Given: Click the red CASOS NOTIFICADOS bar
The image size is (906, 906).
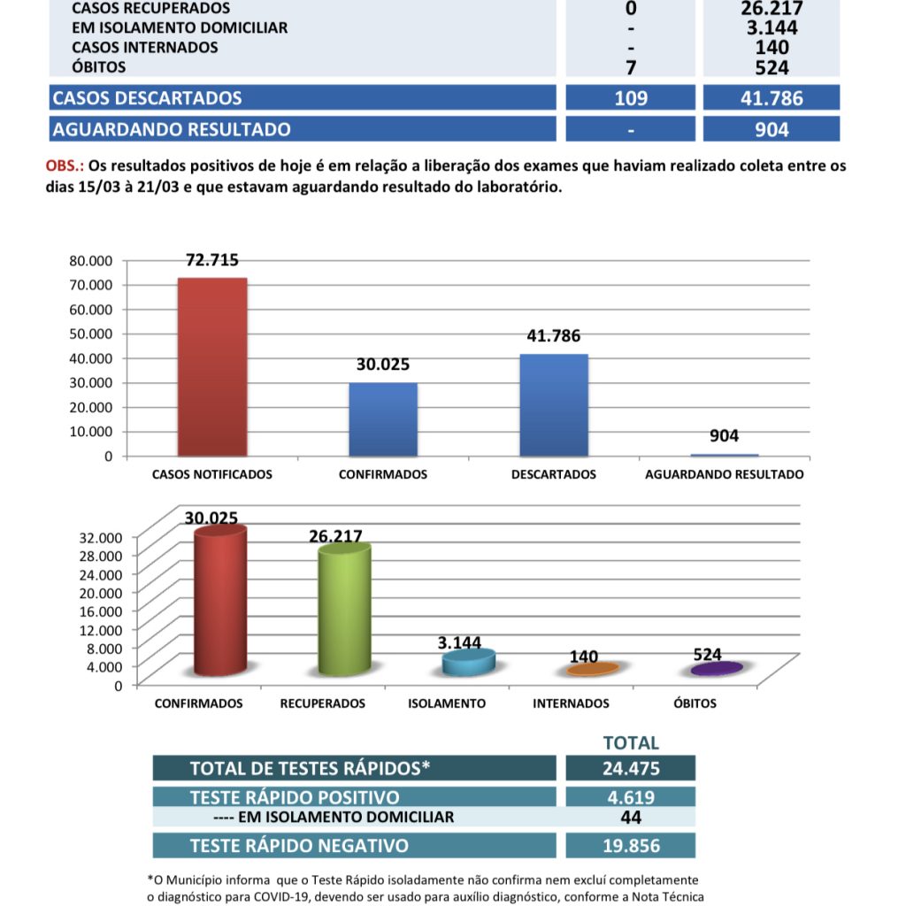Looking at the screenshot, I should coord(212,367).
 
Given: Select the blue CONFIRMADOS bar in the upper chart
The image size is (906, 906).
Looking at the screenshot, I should coord(383,419).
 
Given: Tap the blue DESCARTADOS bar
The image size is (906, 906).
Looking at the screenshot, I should coord(554,405).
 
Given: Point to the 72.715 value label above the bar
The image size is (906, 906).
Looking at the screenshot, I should coord(212,260).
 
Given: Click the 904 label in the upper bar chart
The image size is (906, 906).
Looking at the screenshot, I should coord(724,436).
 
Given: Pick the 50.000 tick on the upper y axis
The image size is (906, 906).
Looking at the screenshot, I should coord(92,333).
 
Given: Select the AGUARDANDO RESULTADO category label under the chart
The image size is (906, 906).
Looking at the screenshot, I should coord(724,474).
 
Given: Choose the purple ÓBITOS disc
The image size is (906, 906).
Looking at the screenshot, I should coord(717,669).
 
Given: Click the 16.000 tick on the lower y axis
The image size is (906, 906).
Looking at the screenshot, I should coord(104,610).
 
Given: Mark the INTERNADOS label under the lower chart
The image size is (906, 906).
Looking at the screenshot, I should coord(572,703).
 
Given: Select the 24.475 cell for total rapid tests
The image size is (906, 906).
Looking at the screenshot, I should coord(630,768).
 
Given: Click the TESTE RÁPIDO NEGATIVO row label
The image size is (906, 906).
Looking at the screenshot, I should coord(299,845).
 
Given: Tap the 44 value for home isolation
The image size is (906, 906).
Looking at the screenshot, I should coord(630,817).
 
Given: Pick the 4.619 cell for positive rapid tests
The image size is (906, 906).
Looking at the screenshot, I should coord(630,796).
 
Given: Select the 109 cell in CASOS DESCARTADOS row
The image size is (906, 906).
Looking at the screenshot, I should coord(630,97).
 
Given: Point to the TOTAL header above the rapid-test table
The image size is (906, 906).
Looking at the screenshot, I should coord(630,743).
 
